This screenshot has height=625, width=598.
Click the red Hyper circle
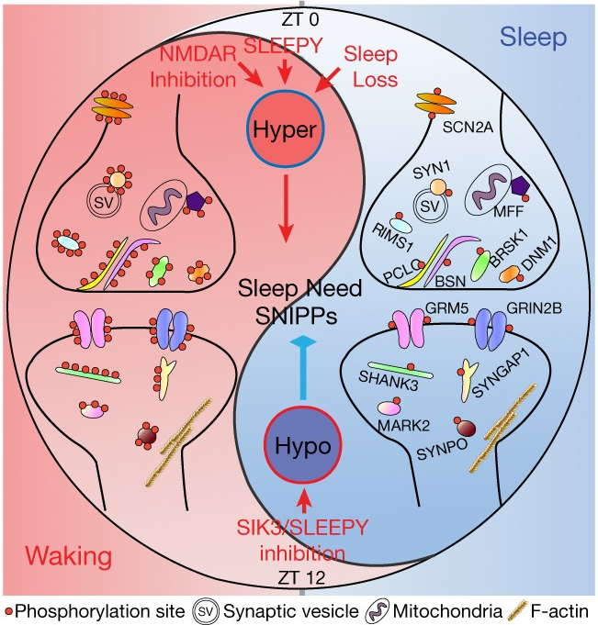[285, 129]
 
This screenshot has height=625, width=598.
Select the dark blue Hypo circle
[303, 446]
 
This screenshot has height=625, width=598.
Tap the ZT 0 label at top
[300, 19]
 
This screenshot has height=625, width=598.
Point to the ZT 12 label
[302, 577]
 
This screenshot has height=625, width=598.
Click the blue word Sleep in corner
[534, 38]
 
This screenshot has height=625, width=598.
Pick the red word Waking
[69, 557]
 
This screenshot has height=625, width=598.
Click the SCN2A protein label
[468, 128]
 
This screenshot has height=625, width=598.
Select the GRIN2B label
[534, 308]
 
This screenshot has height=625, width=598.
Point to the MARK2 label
[404, 426]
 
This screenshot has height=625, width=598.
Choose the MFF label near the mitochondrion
[508, 211]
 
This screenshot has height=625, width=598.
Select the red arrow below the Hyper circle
[286, 208]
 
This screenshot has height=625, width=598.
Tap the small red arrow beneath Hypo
[304, 501]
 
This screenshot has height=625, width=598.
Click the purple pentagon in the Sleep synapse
[520, 186]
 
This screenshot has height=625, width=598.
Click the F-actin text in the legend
[559, 611]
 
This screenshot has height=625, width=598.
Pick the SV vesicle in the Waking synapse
[104, 203]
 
